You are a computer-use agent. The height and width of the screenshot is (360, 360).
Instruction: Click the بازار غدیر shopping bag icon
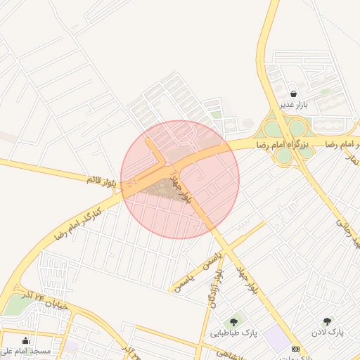pos(292,94)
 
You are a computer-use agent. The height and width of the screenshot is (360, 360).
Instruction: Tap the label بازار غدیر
pos(295,105)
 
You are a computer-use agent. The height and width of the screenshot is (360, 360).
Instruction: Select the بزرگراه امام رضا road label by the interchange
pos(291,144)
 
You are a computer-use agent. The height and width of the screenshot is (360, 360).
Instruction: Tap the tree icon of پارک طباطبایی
pos(233,322)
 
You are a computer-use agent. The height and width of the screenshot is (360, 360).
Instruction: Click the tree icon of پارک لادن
pos(327,321)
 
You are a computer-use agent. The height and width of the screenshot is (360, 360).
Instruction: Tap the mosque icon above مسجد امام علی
pos(26,340)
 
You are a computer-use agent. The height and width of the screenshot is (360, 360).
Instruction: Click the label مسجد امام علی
pos(26,351)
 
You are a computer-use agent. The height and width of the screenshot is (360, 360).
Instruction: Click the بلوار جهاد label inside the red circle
pos(179,185)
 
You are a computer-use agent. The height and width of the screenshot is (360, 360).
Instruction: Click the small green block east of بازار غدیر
pos(326,91)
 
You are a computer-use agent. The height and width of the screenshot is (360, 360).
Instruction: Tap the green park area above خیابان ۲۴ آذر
pos(15,304)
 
